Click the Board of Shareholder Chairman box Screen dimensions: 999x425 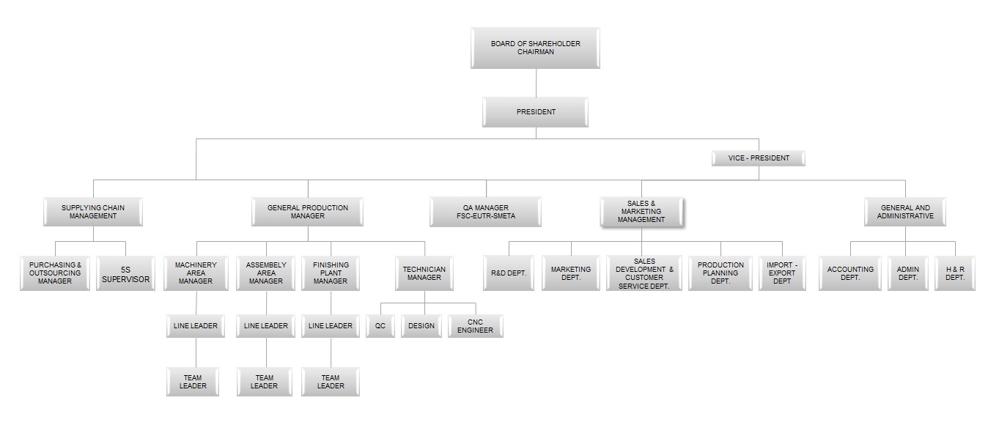(535, 48)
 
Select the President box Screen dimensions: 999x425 (535, 112)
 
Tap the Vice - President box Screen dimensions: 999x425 (758, 158)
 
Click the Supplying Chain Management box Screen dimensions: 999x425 (93, 212)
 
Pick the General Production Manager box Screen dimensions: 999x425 (307, 212)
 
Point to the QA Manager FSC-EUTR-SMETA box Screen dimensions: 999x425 (486, 212)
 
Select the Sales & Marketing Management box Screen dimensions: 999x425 (641, 212)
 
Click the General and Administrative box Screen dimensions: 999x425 (905, 212)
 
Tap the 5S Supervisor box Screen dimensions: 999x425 (126, 273)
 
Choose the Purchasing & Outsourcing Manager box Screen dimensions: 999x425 (55, 273)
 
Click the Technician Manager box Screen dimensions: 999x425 (424, 273)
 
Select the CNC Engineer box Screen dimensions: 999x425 (476, 326)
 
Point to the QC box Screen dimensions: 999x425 (380, 326)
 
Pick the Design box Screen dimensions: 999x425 (421, 326)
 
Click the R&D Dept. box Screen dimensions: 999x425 (509, 273)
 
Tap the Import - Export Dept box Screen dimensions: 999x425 (782, 273)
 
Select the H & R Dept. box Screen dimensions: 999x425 (955, 273)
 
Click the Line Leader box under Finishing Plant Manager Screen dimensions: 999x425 (331, 326)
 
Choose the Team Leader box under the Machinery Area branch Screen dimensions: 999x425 (193, 382)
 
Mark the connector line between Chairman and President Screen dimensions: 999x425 (536, 83)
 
